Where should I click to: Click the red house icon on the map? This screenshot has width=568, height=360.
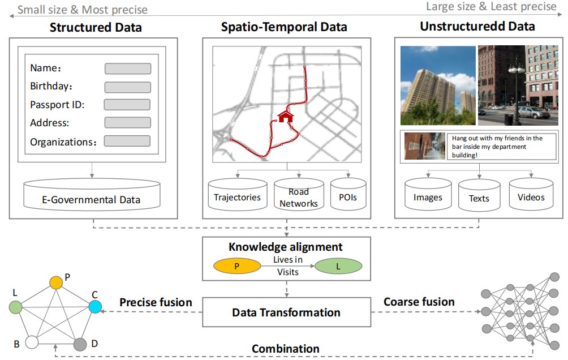click(x=286, y=117)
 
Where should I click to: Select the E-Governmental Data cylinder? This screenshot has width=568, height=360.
click(x=92, y=195)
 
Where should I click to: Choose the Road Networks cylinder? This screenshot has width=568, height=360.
click(x=299, y=196)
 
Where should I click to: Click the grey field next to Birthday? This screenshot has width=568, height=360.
click(x=128, y=87)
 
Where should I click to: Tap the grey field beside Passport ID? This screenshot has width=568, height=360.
click(x=127, y=105)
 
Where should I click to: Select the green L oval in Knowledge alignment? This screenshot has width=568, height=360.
click(x=338, y=266)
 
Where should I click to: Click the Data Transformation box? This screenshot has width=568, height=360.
click(x=286, y=312)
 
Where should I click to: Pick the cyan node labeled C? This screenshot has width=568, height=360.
click(x=95, y=307)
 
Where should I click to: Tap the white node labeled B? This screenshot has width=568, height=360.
click(x=32, y=342)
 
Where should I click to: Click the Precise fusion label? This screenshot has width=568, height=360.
click(x=156, y=302)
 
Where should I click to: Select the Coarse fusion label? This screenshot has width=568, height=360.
click(x=419, y=302)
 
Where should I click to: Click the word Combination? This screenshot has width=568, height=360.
click(x=286, y=349)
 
